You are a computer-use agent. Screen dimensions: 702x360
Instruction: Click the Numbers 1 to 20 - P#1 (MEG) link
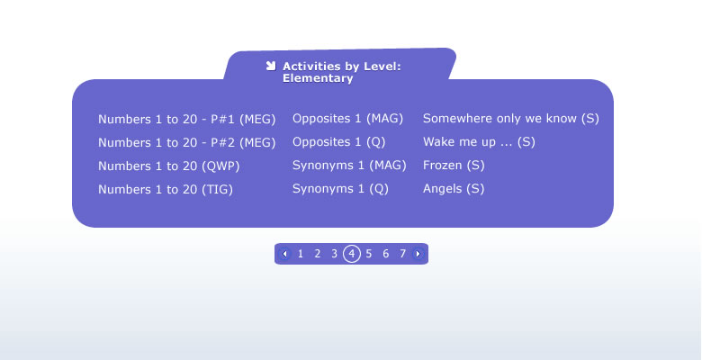click(186, 120)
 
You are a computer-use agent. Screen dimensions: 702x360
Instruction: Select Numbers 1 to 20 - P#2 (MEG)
click(186, 143)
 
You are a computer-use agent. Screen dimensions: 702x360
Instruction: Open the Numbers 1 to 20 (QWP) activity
click(169, 166)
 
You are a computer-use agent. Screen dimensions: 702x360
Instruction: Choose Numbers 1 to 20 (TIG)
click(166, 189)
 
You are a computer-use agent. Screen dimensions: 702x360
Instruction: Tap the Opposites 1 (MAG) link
click(348, 119)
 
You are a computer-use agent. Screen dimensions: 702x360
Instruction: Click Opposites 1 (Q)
click(339, 142)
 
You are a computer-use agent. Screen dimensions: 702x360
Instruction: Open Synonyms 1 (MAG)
click(349, 166)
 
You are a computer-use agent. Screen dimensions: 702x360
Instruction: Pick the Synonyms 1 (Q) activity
click(340, 188)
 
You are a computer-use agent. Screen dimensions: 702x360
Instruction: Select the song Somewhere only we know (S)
click(511, 119)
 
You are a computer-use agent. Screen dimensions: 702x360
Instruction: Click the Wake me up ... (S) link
click(479, 142)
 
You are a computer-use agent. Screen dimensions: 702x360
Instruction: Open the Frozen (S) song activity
click(454, 166)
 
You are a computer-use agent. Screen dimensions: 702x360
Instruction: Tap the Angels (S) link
click(454, 188)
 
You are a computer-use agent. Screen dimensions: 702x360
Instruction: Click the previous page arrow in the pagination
click(284, 254)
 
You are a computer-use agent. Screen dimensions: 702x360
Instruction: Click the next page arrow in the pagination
click(418, 254)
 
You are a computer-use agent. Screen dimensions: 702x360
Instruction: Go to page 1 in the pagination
click(301, 254)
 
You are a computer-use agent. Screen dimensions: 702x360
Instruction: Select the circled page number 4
click(352, 254)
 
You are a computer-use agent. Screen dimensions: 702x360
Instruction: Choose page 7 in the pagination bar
click(402, 254)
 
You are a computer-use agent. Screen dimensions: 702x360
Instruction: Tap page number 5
click(368, 254)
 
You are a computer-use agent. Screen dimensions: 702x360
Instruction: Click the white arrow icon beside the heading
click(271, 66)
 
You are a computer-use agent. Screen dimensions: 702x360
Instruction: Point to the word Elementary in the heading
click(318, 78)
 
